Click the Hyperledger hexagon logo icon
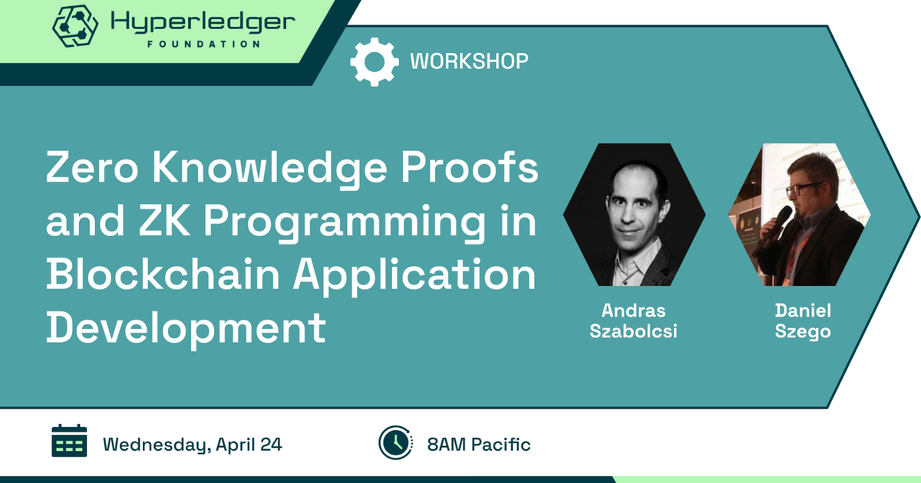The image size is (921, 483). pyautogui.click(x=75, y=25)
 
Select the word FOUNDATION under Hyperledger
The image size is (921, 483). pyautogui.click(x=204, y=44)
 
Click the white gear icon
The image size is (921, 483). pyautogui.click(x=375, y=62)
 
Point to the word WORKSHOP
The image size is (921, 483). pyautogui.click(x=469, y=61)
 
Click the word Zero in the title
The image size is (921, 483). pyautogui.click(x=92, y=168)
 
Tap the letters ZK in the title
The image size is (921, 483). pyautogui.click(x=164, y=221)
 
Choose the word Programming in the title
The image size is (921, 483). pyautogui.click(x=345, y=223)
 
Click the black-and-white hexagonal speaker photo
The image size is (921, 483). pyautogui.click(x=635, y=215)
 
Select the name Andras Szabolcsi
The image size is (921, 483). pyautogui.click(x=634, y=321)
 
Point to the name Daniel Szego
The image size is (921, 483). pyautogui.click(x=803, y=321)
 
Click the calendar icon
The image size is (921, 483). pyautogui.click(x=69, y=441)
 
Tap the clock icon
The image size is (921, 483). pyautogui.click(x=395, y=443)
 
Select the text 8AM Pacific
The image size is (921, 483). pyautogui.click(x=479, y=445)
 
